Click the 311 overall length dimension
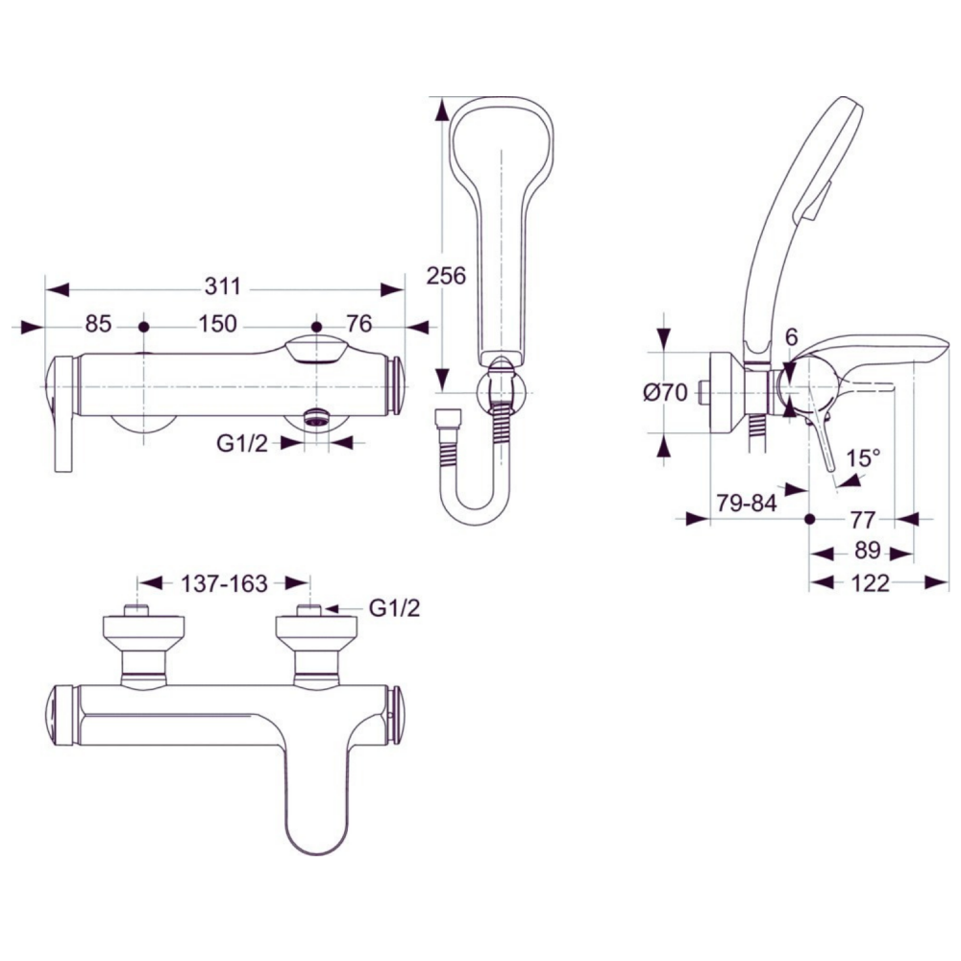(223, 286)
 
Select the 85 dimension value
(98, 324)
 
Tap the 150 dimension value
(217, 324)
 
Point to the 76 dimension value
(359, 324)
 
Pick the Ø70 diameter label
(666, 392)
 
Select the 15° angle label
(864, 457)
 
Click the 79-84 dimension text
(747, 504)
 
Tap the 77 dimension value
(862, 520)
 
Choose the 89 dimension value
(868, 551)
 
